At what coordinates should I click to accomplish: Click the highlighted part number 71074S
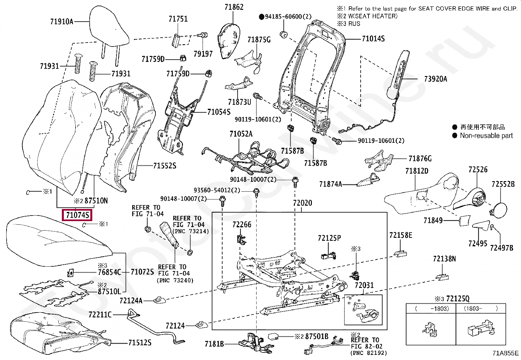pos(77,215)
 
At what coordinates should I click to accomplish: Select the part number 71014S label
pos(373,39)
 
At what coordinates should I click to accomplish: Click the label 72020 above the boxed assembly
pos(302,203)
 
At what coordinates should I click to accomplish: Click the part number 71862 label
pos(234,7)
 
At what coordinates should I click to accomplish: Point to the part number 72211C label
pos(100,315)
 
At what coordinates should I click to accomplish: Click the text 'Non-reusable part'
pos(486,136)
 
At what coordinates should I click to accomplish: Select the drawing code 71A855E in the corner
pos(506,353)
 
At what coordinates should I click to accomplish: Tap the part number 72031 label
pos(364,285)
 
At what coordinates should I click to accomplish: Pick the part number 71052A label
pos(241,134)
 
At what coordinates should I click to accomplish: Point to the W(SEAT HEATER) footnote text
pos(372,16)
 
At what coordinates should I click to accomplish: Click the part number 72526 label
pos(478,169)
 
